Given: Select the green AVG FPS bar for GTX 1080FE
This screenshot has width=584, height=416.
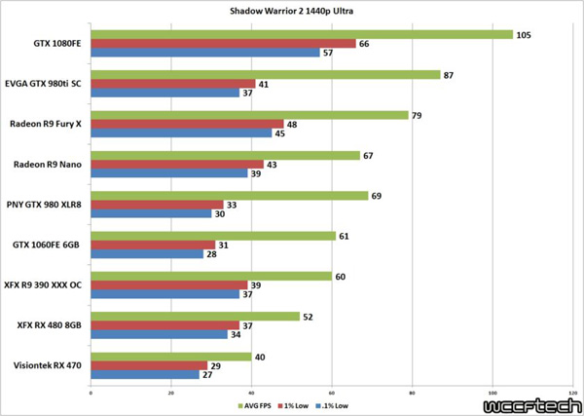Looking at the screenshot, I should click(x=301, y=34).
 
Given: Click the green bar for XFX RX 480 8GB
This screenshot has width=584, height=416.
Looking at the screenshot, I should click(x=194, y=316).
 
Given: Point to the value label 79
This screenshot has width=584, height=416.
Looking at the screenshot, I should click(x=419, y=115).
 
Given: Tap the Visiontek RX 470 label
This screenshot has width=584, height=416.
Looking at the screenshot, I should click(x=48, y=365).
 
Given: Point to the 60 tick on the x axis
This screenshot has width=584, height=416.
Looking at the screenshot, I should click(x=331, y=393).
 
